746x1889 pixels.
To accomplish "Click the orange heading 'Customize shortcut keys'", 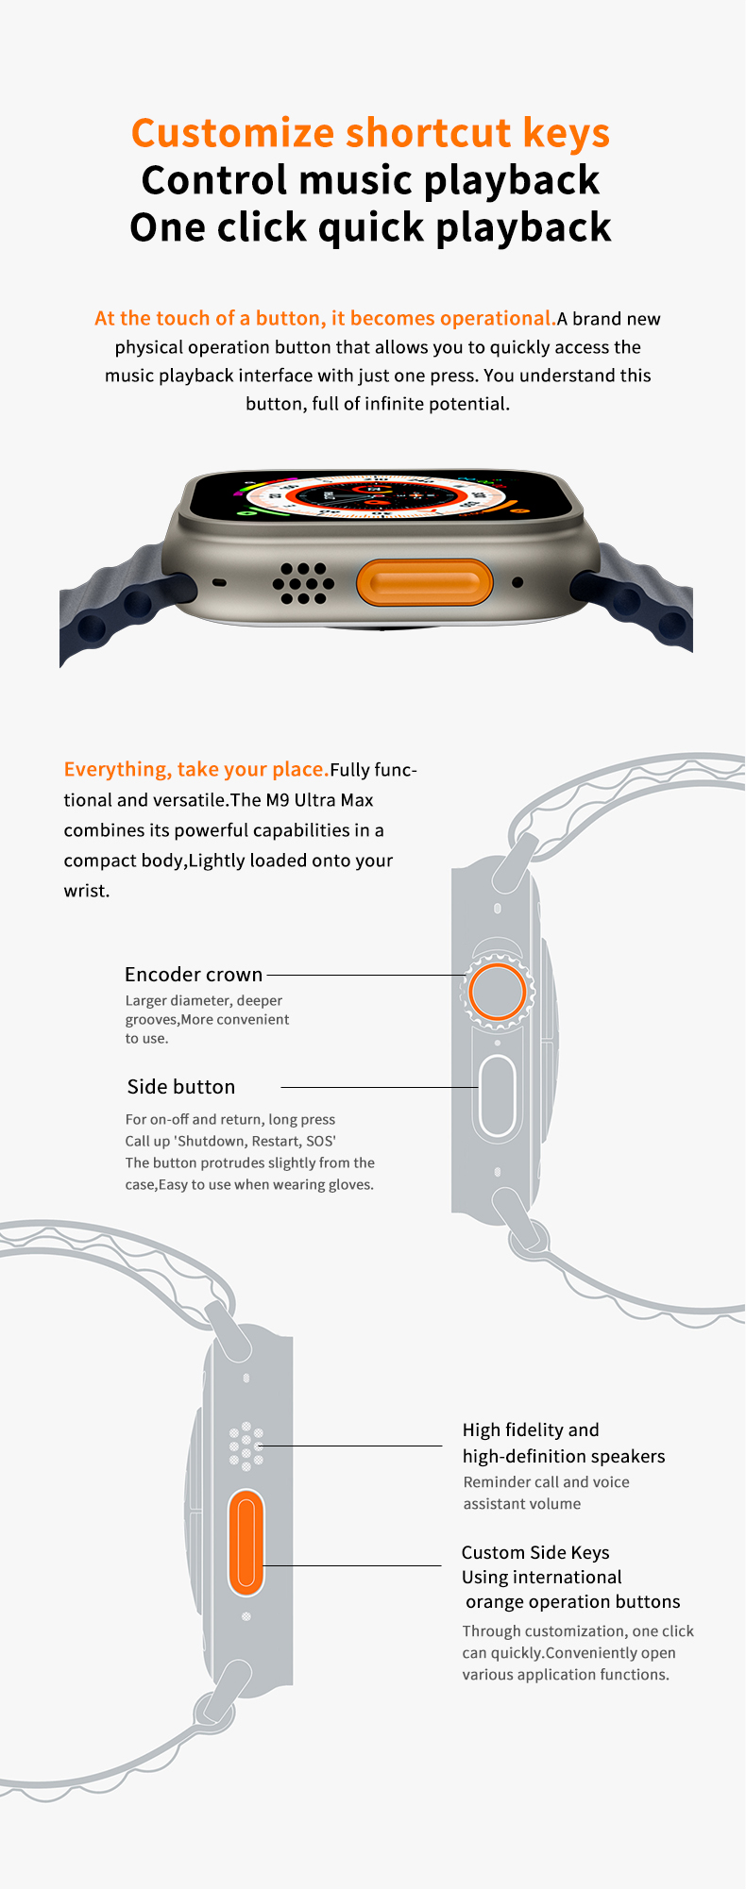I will click(370, 133).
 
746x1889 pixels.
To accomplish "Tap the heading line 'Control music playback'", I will click(370, 180).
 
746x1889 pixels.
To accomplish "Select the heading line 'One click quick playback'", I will click(370, 227).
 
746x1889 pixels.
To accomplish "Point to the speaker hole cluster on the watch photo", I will click(303, 583).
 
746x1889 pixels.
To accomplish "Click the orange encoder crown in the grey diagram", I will click(497, 991).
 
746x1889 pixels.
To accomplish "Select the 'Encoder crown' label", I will click(194, 975).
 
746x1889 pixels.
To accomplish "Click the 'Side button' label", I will click(181, 1087).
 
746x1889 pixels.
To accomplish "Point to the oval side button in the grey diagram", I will click(497, 1096).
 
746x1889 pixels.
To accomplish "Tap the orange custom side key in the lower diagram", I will click(246, 1543).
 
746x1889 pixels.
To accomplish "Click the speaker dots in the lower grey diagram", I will click(246, 1446).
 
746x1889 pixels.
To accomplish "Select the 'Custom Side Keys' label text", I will click(535, 1552).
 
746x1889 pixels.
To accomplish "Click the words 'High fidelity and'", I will click(531, 1430).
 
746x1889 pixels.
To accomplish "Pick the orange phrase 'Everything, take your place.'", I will click(196, 770).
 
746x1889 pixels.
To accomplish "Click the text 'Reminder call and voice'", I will click(546, 1482).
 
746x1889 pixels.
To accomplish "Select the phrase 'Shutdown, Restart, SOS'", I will click(255, 1141).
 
